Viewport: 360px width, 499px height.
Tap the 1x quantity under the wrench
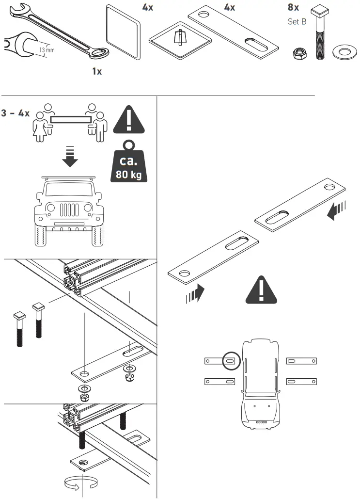(97, 71)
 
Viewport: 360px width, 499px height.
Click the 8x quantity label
(294, 8)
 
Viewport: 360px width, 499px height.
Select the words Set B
(297, 22)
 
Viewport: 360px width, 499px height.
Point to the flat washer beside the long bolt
(343, 51)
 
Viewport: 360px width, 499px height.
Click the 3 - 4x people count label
(16, 113)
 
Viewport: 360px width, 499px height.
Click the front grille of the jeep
(68, 211)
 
